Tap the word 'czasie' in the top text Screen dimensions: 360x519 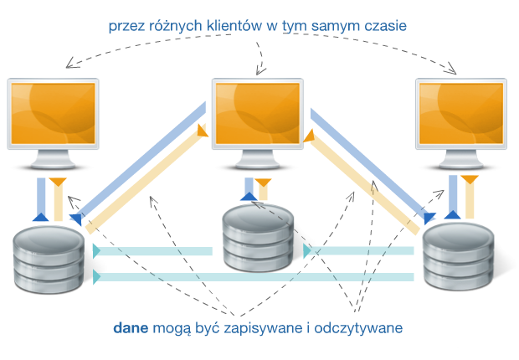[x=383, y=26]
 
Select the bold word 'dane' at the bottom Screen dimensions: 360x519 [x=131, y=328]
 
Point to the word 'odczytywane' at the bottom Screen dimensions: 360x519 [x=359, y=328]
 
